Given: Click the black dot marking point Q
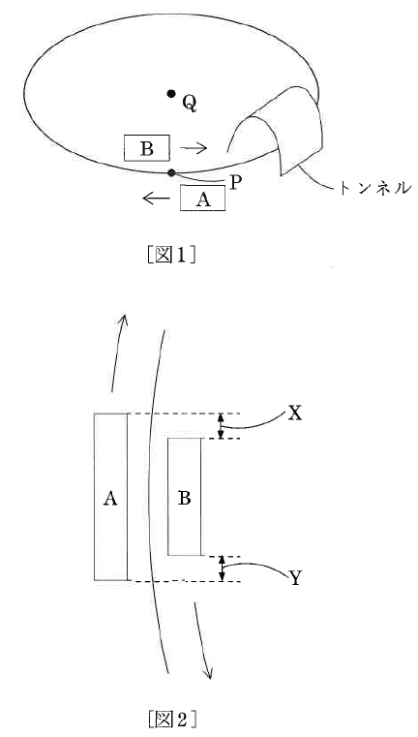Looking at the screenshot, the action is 171,94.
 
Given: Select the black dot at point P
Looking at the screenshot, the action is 172,173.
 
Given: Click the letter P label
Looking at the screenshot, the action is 235,183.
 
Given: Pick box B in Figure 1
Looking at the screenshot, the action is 147,148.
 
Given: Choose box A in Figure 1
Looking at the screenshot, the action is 202,199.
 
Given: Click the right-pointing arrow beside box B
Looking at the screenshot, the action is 194,148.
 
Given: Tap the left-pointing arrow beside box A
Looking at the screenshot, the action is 156,199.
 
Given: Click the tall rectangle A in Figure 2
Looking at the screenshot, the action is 110,497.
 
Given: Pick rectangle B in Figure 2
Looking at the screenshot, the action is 185,497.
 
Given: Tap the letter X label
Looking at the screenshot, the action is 294,414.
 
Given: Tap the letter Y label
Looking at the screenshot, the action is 295,578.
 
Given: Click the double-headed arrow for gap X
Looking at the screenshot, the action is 222,426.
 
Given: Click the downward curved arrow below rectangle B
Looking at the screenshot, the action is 201,639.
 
